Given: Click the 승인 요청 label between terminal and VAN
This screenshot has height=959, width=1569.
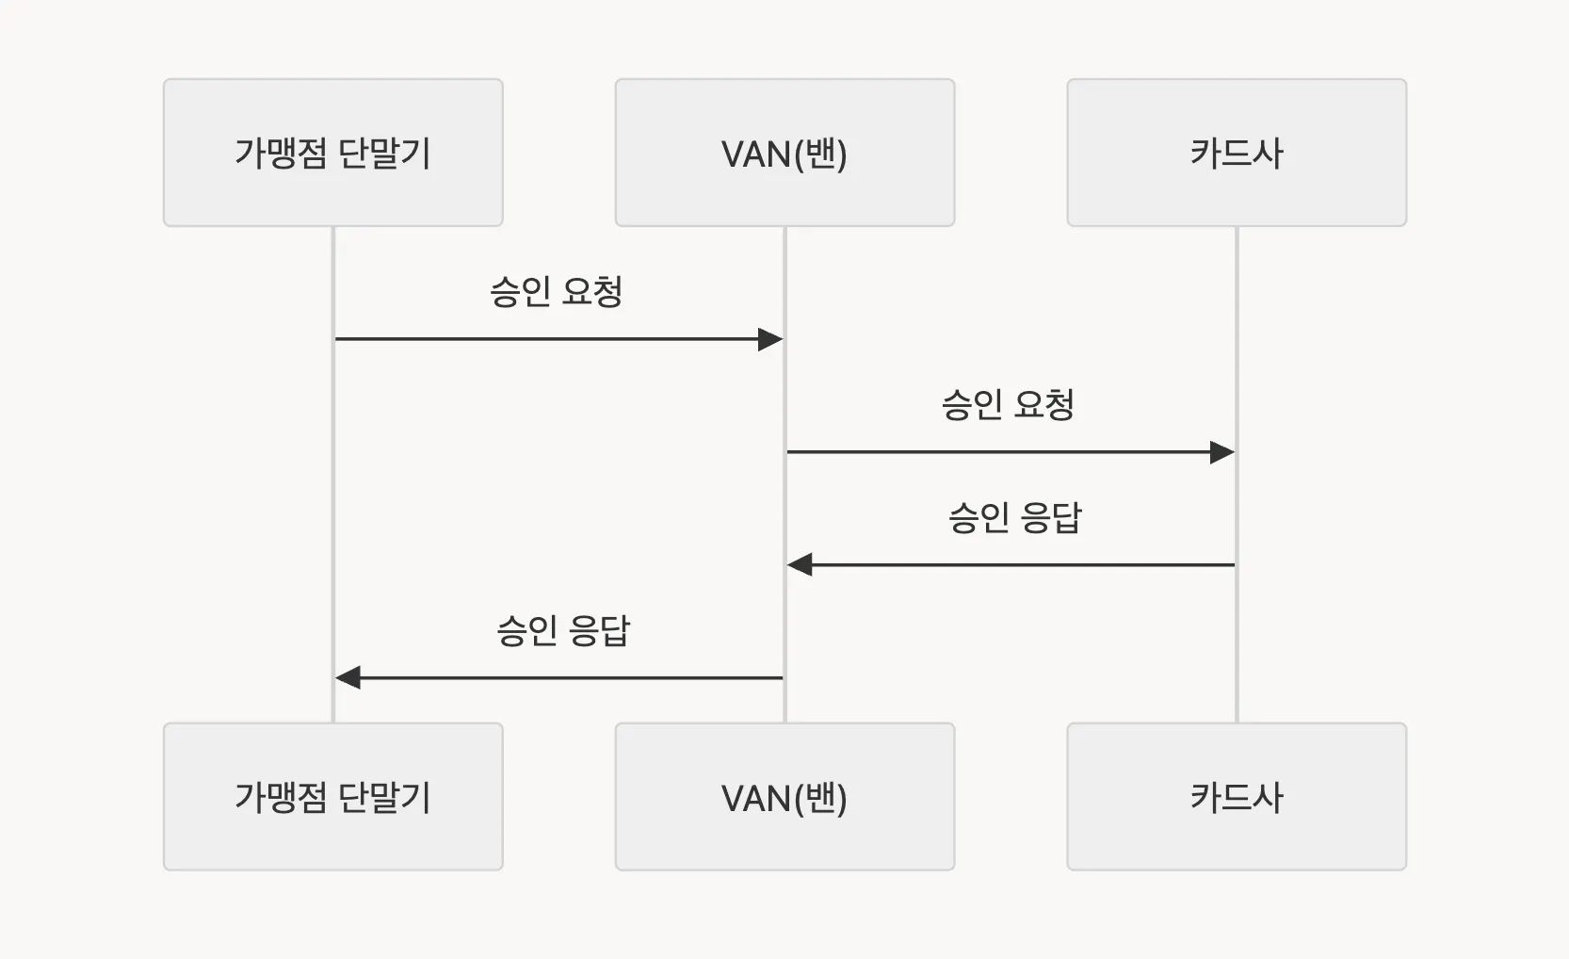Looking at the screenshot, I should (556, 292).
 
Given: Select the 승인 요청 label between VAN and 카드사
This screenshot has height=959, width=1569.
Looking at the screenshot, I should (1008, 405).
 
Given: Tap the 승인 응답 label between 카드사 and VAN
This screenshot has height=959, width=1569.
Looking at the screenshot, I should (1014, 518).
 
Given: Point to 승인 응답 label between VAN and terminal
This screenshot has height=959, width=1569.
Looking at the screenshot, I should (562, 631).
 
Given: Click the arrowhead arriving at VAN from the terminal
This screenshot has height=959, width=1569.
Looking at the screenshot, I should (771, 339).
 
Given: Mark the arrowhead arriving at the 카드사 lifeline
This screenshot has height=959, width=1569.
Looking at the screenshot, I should (1222, 452).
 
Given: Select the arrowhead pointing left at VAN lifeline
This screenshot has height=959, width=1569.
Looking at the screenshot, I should (800, 565).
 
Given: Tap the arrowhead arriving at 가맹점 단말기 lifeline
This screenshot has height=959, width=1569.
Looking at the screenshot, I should (348, 677).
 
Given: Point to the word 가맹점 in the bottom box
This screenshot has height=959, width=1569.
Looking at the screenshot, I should (280, 798).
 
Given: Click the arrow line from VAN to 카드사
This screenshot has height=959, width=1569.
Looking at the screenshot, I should (998, 452).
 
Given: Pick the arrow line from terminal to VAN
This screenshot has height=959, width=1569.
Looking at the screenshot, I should (546, 339).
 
